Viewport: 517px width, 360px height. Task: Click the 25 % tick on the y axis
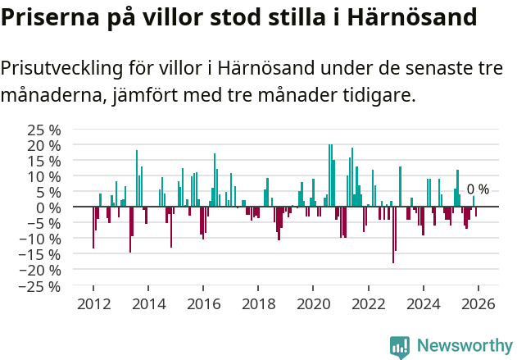[44, 130]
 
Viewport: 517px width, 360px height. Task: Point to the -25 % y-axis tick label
[42, 286]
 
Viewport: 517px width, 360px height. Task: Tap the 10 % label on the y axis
[44, 176]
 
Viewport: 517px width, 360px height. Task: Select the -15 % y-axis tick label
[42, 255]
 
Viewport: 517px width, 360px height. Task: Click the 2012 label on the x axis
[93, 303]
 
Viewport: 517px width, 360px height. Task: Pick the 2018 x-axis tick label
[258, 303]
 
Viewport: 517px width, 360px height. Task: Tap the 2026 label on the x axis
[478, 303]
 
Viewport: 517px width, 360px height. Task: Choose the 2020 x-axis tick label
[313, 303]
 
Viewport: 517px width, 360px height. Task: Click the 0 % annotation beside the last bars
[478, 189]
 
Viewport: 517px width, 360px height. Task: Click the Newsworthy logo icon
[400, 347]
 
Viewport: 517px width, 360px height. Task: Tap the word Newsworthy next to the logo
[464, 347]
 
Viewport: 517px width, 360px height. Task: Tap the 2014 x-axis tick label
[148, 303]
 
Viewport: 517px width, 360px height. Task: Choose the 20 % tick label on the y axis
[44, 145]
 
